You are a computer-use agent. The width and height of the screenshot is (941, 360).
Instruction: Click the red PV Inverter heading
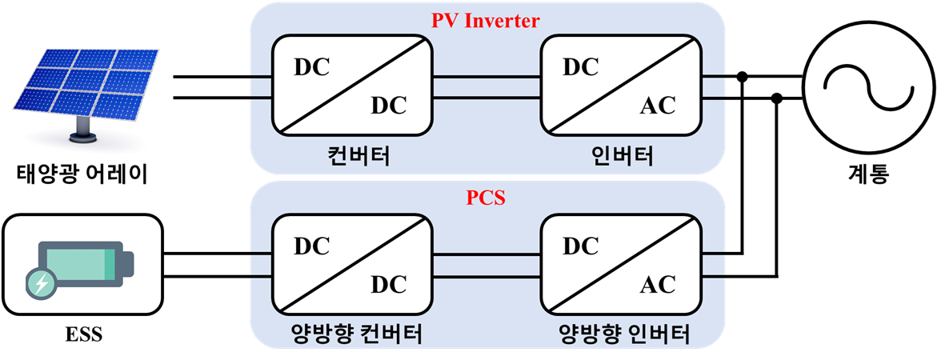(x=486, y=21)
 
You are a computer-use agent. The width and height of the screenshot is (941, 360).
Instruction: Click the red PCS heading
(x=486, y=198)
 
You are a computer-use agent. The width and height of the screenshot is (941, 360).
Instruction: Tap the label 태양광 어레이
(x=82, y=176)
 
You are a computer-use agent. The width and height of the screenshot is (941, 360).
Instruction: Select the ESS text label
(x=83, y=333)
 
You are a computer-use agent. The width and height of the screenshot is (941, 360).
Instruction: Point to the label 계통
(x=866, y=174)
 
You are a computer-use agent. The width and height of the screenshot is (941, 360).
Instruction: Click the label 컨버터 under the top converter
(x=352, y=157)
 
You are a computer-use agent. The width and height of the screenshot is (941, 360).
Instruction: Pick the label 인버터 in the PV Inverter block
(x=621, y=157)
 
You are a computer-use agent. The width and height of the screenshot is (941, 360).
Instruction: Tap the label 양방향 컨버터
(x=352, y=334)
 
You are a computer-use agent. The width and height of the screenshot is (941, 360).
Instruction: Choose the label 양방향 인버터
(x=621, y=334)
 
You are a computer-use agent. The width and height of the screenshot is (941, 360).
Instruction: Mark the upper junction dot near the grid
(x=743, y=77)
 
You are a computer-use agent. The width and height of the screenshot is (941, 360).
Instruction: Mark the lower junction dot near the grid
(x=776, y=98)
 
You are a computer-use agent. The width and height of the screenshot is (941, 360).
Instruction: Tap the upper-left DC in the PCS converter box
(x=311, y=246)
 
